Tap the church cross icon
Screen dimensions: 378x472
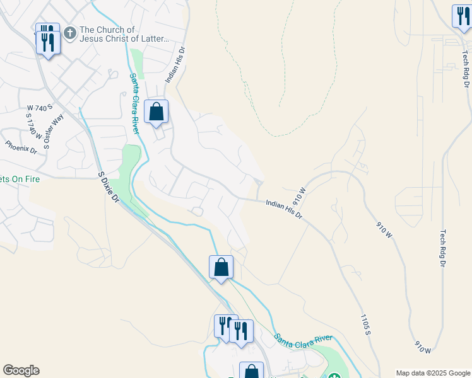click(69, 31)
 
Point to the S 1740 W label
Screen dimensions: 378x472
click(33, 126)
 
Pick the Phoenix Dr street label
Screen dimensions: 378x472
click(21, 147)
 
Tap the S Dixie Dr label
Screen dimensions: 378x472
click(109, 187)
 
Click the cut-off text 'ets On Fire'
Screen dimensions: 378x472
click(20, 179)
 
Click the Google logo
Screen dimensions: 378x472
click(21, 370)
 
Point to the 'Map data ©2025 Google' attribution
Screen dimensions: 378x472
click(432, 372)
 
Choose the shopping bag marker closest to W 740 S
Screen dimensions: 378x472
click(156, 112)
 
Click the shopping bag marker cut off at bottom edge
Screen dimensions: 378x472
click(251, 371)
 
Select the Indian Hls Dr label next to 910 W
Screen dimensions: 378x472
click(284, 208)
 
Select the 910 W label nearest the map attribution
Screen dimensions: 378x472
click(423, 346)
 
